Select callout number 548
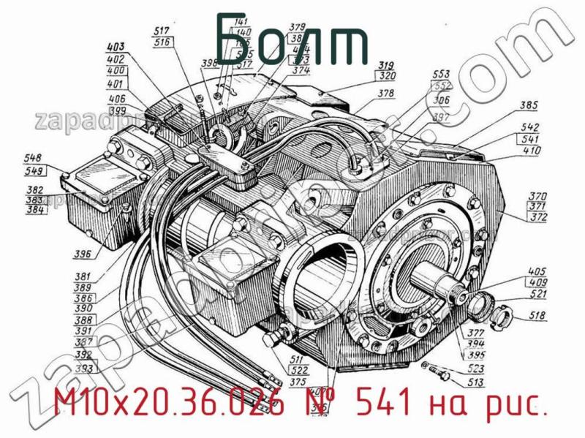33,159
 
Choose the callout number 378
386,93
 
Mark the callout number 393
83,369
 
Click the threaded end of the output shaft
460,295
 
